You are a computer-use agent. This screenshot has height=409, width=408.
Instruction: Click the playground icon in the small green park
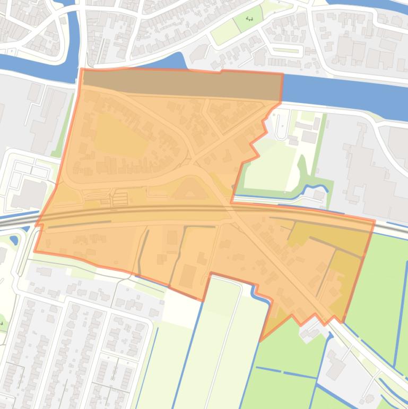point(250,20)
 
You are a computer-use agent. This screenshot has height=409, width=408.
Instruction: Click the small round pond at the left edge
point(13,240)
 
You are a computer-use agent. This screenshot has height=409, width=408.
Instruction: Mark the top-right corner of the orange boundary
point(282,74)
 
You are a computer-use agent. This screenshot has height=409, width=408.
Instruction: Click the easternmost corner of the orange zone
point(375,220)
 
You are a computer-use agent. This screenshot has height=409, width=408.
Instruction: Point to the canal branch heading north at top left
point(74,32)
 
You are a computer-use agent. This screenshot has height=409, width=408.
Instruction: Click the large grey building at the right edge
point(371,170)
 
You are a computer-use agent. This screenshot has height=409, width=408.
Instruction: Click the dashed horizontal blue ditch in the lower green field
point(287,371)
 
